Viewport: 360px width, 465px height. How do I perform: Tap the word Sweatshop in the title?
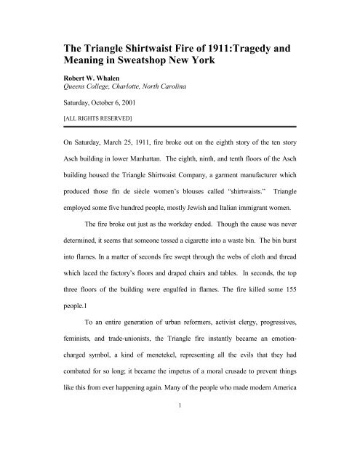(x=149, y=51)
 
